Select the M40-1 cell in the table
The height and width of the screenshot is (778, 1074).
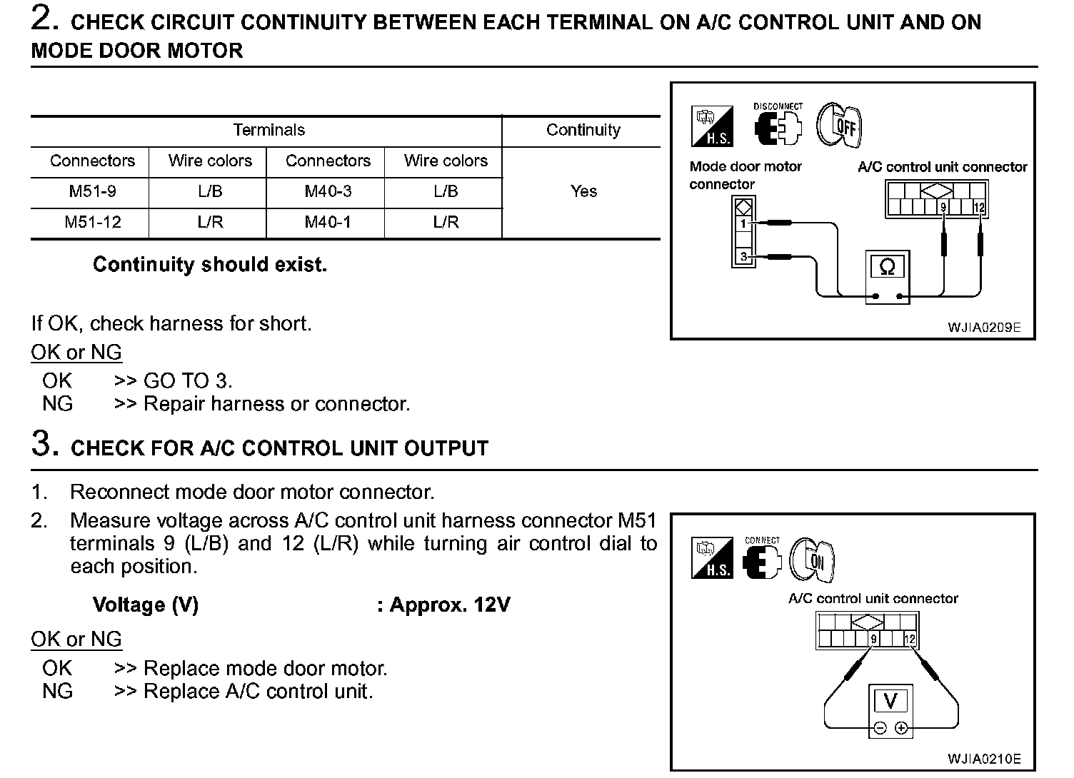click(x=328, y=222)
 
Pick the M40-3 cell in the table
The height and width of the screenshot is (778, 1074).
click(x=328, y=191)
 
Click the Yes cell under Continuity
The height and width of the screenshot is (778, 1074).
click(x=583, y=191)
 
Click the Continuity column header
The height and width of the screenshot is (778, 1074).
click(x=583, y=130)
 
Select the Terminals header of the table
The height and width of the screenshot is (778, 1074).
click(x=268, y=130)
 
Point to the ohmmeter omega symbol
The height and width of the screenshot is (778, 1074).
click(x=887, y=267)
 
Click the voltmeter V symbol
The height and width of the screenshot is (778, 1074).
click(x=890, y=701)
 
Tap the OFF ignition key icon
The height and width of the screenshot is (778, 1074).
click(x=840, y=126)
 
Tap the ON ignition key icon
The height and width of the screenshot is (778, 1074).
click(x=813, y=560)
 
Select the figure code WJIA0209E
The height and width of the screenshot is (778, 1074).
click(x=984, y=328)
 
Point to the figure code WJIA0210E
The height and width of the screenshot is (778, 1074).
click(x=984, y=759)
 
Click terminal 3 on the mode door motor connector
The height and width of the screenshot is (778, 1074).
click(x=743, y=256)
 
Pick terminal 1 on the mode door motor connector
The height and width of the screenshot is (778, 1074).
click(x=743, y=223)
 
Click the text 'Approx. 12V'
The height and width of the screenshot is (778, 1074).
click(x=449, y=605)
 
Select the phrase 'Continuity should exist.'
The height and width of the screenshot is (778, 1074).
click(x=210, y=265)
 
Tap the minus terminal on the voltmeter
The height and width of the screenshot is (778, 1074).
click(x=879, y=728)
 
